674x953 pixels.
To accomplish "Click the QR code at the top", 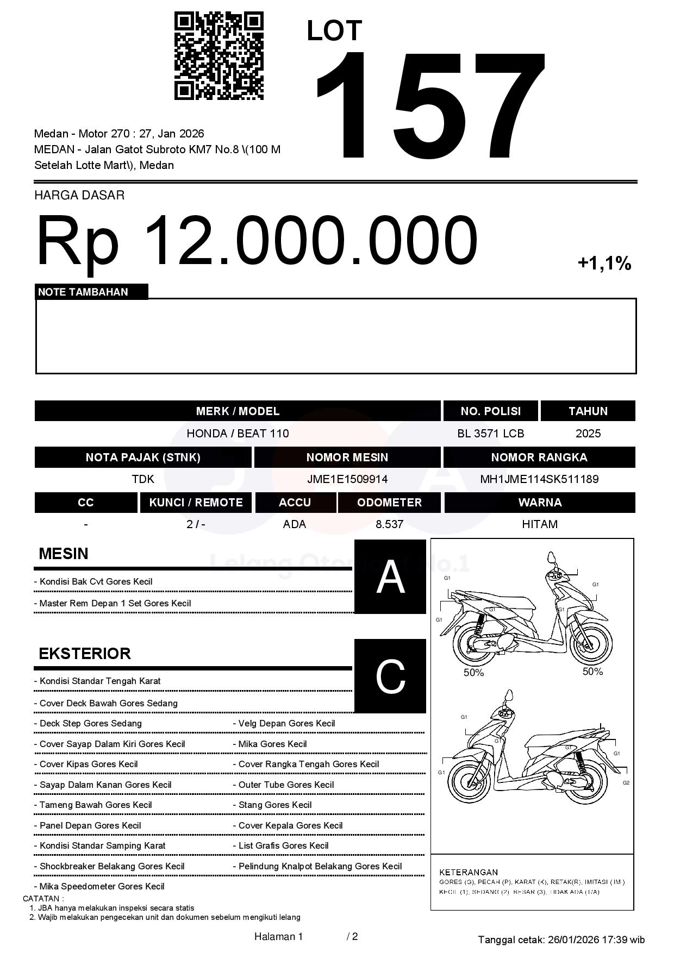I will pyautogui.click(x=219, y=56).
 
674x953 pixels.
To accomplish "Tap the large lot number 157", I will pyautogui.click(x=429, y=106).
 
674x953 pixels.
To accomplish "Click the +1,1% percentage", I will pyautogui.click(x=604, y=264).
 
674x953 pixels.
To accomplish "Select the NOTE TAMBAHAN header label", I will pyautogui.click(x=83, y=292).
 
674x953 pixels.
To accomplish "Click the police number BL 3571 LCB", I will pyautogui.click(x=490, y=434).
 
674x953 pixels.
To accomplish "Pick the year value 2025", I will pyautogui.click(x=588, y=434).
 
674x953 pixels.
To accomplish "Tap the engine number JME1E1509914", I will pyautogui.click(x=347, y=479).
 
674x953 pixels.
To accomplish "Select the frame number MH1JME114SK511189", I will pyautogui.click(x=539, y=479).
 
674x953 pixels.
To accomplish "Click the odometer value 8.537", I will pyautogui.click(x=389, y=524).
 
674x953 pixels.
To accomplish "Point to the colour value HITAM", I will pyautogui.click(x=539, y=524).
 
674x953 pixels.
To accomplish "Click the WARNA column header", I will pyautogui.click(x=539, y=503).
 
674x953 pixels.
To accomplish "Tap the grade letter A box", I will pyautogui.click(x=390, y=576).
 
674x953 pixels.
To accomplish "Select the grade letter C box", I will pyautogui.click(x=390, y=676).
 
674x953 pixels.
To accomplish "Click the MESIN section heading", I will pyautogui.click(x=63, y=554).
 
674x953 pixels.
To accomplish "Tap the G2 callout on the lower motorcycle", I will pyautogui.click(x=626, y=782).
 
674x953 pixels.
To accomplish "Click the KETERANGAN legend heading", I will pyautogui.click(x=469, y=872).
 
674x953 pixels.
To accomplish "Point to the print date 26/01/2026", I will pyautogui.click(x=573, y=939).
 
